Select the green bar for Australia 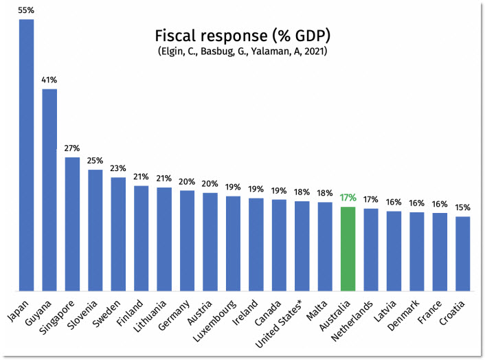click(348, 249)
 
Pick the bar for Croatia click(463, 254)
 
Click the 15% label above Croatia click(463, 207)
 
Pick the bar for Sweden click(118, 234)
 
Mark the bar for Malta click(325, 247)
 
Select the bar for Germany click(188, 240)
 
